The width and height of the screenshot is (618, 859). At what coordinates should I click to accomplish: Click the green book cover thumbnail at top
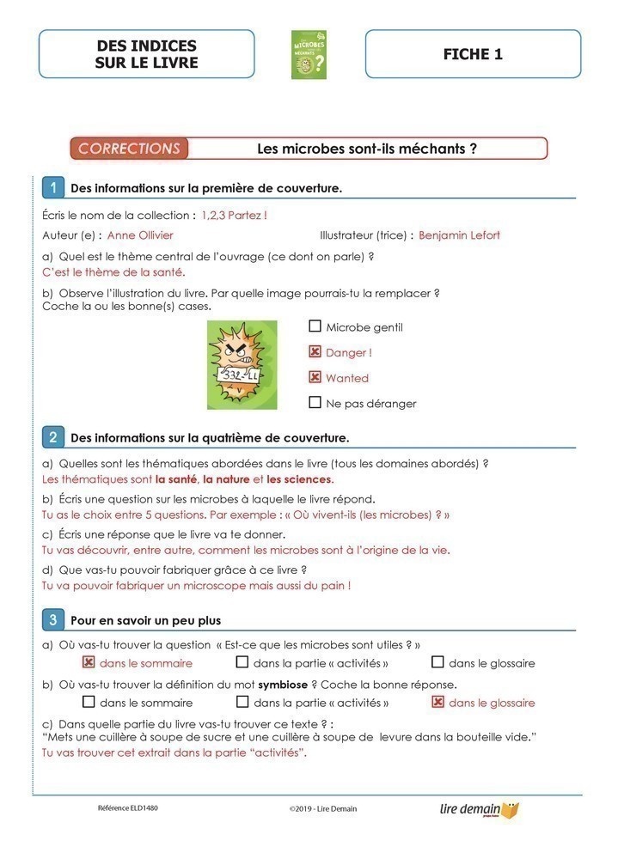(x=309, y=55)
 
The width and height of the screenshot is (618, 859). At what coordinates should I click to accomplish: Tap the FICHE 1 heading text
(x=473, y=54)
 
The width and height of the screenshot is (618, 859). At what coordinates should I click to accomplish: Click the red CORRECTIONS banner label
(x=130, y=149)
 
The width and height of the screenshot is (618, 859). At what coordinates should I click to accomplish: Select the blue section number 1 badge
(x=53, y=187)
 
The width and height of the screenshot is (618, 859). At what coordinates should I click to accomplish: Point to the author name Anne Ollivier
(x=140, y=235)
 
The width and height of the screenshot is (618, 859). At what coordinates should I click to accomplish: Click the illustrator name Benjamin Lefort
(x=459, y=235)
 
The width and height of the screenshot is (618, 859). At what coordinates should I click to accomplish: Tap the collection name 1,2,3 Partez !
(x=234, y=215)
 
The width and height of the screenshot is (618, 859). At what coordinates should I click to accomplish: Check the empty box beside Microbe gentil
(x=315, y=326)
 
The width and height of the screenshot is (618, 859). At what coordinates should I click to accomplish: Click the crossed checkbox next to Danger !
(x=315, y=352)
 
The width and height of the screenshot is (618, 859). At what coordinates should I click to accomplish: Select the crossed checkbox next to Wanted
(x=315, y=378)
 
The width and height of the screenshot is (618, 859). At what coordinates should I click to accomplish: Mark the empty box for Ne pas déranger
(x=315, y=403)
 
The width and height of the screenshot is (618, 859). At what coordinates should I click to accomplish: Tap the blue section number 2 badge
(x=53, y=437)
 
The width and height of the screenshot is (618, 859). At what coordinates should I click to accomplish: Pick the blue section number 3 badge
(x=53, y=619)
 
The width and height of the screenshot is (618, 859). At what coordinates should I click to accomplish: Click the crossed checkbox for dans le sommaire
(x=88, y=662)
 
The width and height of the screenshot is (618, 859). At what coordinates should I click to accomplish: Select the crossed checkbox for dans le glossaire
(x=437, y=703)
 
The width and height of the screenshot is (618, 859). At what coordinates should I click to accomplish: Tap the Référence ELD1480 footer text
(x=128, y=808)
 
